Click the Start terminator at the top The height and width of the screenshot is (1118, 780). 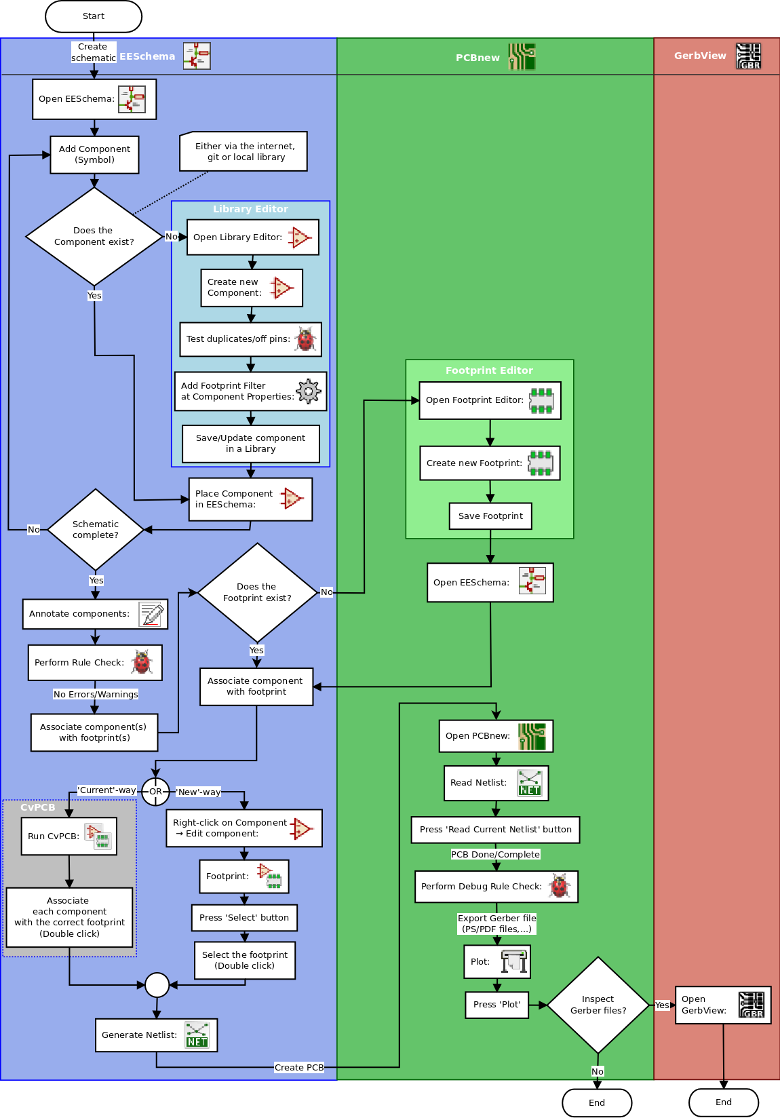(94, 16)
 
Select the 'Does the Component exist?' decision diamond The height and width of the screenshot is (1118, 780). (94, 236)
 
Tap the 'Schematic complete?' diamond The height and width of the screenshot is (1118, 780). (96, 529)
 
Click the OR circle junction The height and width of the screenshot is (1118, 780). (155, 792)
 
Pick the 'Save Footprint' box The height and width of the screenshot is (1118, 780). (490, 516)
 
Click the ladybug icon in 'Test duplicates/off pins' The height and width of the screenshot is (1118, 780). (306, 339)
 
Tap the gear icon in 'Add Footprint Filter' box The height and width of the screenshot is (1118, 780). (309, 391)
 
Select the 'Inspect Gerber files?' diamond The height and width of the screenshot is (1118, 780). (598, 1005)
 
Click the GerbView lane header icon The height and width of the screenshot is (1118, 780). (749, 56)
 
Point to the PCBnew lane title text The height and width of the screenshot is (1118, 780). (477, 58)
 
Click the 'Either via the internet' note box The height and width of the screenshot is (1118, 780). (243, 151)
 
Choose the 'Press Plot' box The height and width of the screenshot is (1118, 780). (496, 1005)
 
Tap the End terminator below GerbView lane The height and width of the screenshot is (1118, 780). (723, 1102)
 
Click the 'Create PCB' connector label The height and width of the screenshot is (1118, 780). (299, 1068)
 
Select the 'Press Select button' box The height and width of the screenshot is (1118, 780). (244, 918)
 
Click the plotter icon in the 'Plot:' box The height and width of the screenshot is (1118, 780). (514, 962)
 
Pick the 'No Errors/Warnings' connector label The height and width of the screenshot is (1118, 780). (96, 695)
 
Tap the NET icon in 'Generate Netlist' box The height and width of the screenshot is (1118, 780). (197, 1035)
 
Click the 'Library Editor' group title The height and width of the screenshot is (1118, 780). (250, 209)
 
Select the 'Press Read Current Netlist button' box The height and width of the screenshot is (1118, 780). (495, 830)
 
